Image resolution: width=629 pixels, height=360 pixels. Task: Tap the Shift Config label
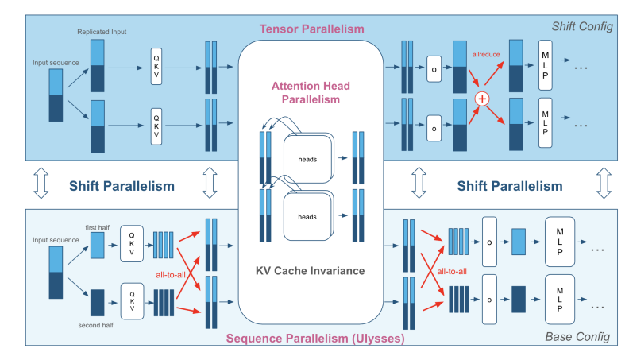[585, 27]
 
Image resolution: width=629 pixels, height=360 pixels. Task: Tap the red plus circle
[480, 99]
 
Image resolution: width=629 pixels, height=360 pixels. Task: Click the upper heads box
[308, 159]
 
